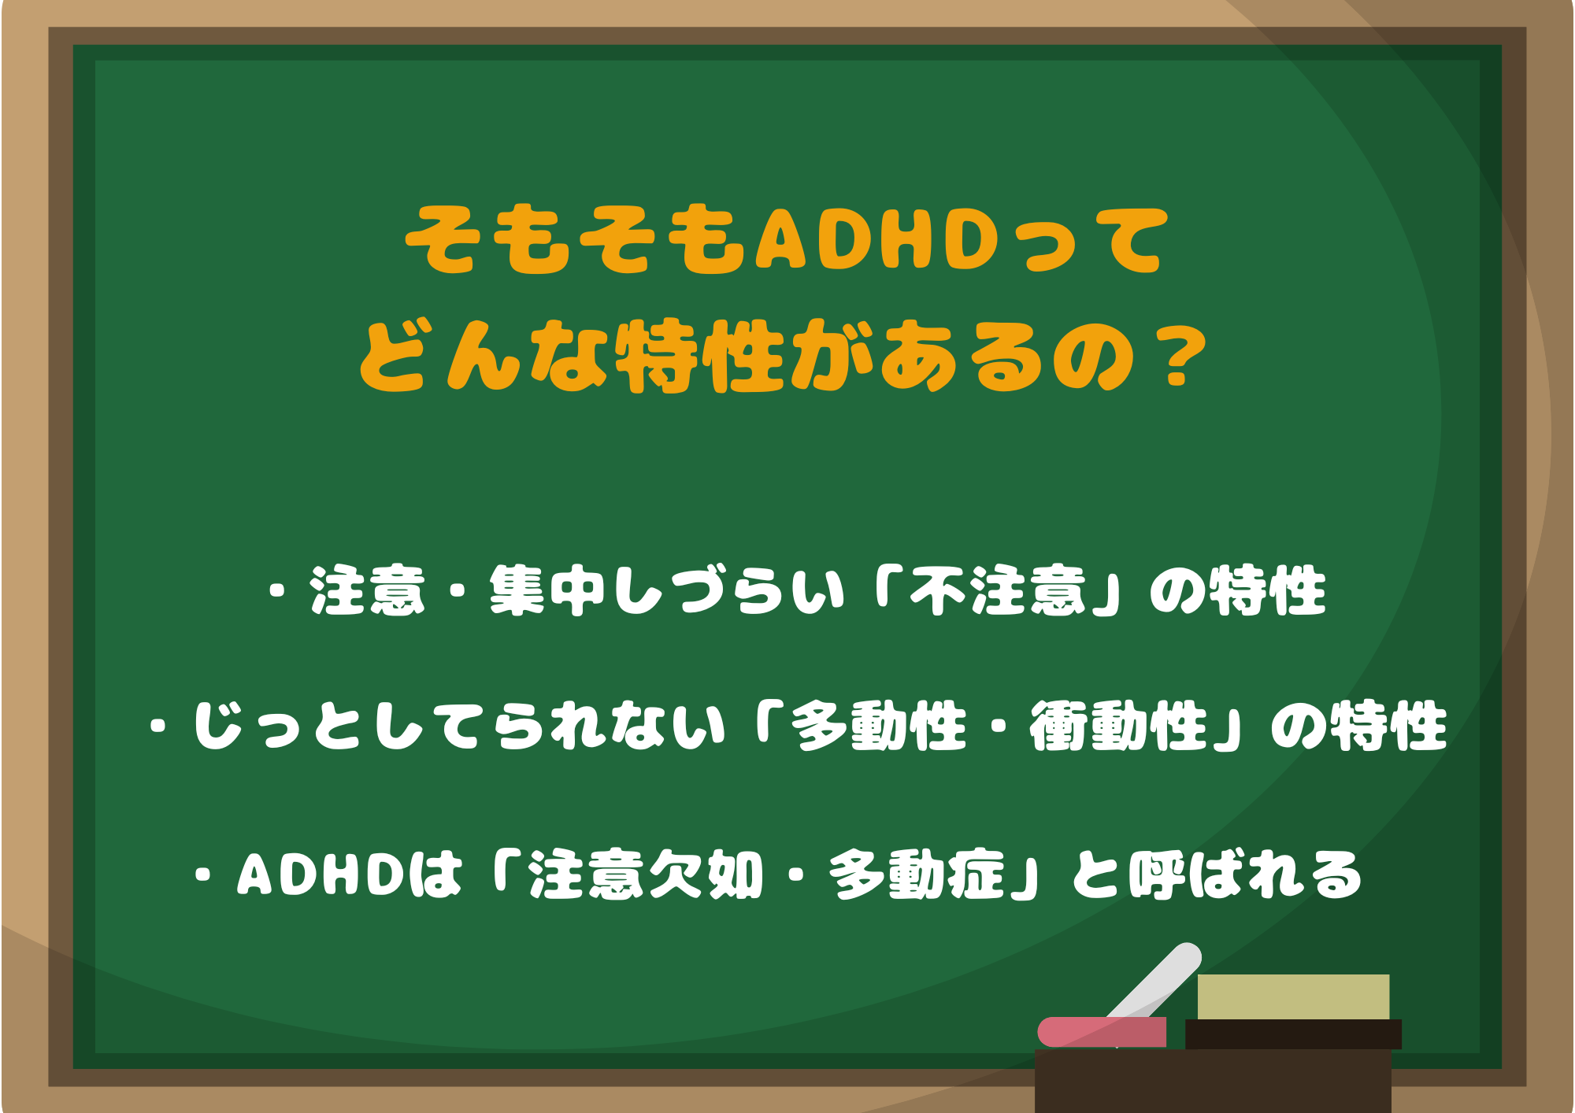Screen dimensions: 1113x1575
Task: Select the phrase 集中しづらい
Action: point(666,590)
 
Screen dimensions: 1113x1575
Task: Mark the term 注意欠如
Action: point(646,875)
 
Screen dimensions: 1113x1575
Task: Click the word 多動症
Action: point(917,875)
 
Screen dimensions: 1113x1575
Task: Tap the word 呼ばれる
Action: point(1244,875)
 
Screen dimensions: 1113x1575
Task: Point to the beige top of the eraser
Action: point(1293,997)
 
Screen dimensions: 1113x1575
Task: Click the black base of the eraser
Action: point(1293,1034)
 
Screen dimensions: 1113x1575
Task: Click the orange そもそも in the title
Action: point(575,240)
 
